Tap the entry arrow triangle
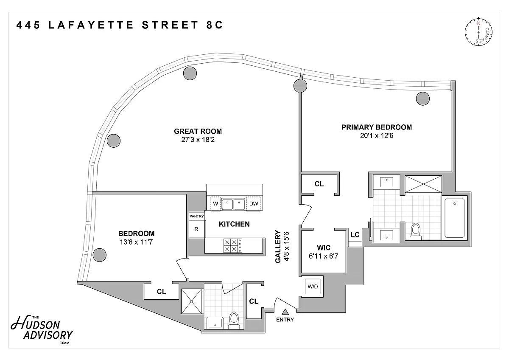[x=285, y=312]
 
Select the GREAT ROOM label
[x=198, y=131]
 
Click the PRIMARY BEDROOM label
[x=377, y=127]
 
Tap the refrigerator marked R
[x=196, y=229]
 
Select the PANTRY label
[x=196, y=217]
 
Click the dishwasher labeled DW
[x=254, y=204]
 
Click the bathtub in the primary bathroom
[x=454, y=217]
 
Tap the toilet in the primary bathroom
[x=416, y=231]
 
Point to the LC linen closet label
[x=355, y=235]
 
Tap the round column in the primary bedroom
[x=423, y=98]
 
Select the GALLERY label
[x=278, y=247]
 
